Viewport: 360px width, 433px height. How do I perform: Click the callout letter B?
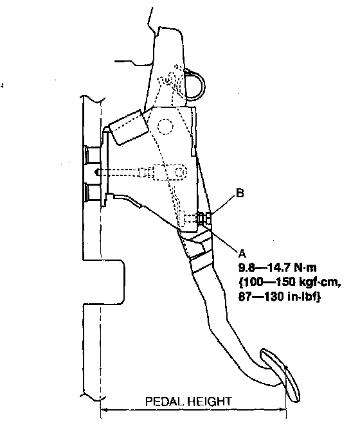coord(240,193)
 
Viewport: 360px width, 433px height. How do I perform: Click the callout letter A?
coord(242,252)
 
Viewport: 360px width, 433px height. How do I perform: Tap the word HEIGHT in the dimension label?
coord(210,402)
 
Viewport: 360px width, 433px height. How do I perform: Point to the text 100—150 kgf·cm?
coord(289,282)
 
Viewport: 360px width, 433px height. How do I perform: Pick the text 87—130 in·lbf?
coord(280,297)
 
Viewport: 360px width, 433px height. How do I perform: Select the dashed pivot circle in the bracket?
coord(165,127)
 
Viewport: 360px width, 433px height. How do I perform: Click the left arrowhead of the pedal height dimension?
coord(104,410)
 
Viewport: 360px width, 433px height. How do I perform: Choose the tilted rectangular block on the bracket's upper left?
coord(129,127)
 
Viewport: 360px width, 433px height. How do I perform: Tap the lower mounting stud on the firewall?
coord(93,192)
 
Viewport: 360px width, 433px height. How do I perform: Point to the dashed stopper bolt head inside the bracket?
coord(181,218)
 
